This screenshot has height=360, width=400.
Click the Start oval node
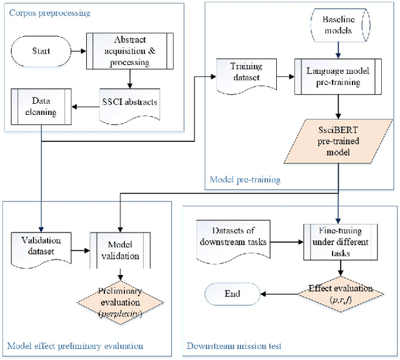[42, 51]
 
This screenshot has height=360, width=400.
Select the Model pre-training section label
[244, 180]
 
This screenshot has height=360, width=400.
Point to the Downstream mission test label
[233, 345]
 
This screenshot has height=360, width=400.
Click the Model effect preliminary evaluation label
[75, 345]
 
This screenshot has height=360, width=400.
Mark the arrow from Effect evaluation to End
[278, 292]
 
